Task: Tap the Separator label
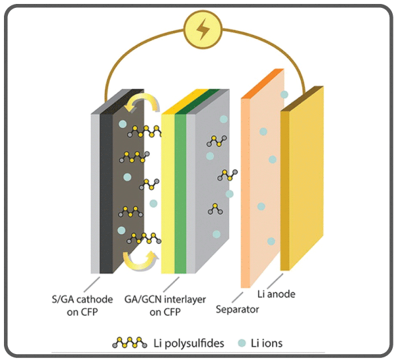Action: point(238,308)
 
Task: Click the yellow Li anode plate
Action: point(302,178)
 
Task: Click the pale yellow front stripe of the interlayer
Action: point(168,191)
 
